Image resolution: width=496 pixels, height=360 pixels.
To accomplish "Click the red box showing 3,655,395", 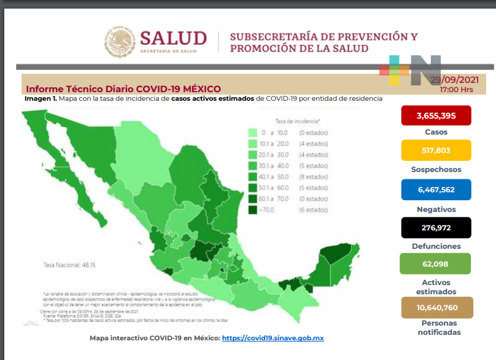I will click(436, 115).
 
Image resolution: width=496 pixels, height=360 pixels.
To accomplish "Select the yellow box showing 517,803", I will click(436, 151).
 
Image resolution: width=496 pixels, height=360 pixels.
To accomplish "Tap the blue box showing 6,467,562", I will click(436, 189).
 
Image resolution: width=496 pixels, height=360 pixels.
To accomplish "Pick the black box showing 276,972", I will click(436, 228).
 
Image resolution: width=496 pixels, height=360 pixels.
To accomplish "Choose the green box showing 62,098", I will click(436, 264).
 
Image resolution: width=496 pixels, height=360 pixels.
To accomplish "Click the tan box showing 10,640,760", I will click(436, 308).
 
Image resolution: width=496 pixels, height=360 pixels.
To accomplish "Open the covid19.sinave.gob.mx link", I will click(273, 338).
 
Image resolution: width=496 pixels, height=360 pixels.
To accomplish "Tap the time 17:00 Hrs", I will click(456, 90).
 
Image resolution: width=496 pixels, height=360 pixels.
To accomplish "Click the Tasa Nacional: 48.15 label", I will click(67, 265).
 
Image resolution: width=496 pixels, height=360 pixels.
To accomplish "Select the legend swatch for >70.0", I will click(252, 210).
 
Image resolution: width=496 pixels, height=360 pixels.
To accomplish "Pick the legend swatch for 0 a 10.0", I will click(252, 133).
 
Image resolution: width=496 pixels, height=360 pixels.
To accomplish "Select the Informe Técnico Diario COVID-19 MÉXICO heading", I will click(123, 89).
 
